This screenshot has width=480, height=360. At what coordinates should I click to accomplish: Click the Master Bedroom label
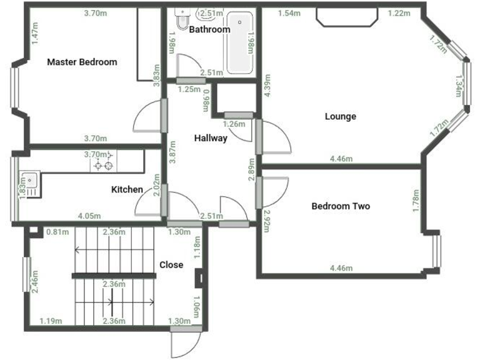82,62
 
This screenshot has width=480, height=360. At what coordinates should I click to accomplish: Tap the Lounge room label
341,116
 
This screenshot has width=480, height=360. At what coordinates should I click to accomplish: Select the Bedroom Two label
341,206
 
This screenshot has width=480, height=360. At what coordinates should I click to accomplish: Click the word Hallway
210,138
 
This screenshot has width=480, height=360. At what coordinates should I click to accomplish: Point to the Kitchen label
127,189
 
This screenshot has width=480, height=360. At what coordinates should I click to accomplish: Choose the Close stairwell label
171,264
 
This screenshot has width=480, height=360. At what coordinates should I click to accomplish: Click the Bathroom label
209,29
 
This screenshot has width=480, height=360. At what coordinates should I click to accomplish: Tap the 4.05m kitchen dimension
89,216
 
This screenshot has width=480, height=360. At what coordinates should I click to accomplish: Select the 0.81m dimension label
57,232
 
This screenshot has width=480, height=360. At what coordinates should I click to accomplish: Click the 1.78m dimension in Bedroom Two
416,201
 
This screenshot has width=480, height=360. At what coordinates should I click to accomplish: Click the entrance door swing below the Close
186,344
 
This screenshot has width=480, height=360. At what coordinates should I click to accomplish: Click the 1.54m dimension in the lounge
289,12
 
